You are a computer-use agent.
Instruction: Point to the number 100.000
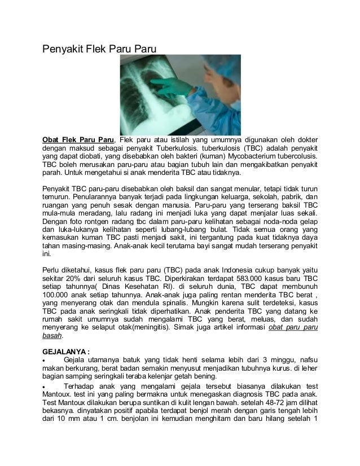pos(62,294)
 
